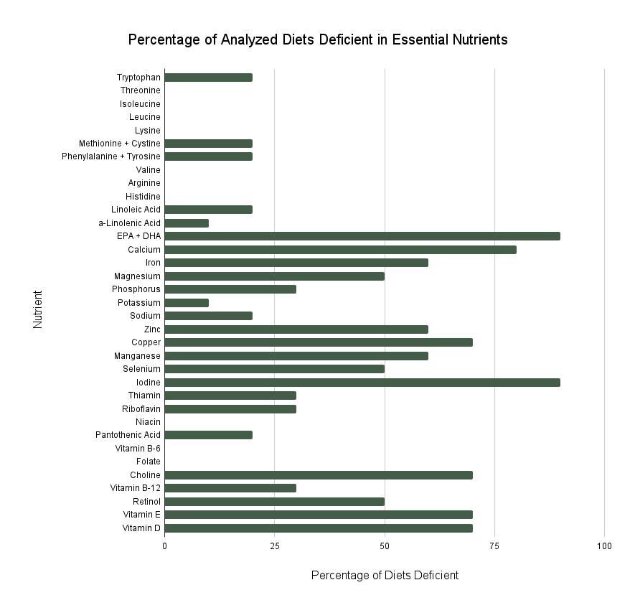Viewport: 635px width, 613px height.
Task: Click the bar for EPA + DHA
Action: pyautogui.click(x=362, y=236)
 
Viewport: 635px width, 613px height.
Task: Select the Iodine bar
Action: pyautogui.click(x=362, y=382)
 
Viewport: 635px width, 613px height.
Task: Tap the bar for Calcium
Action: pyautogui.click(x=340, y=250)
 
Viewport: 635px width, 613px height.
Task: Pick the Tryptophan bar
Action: pyautogui.click(x=208, y=78)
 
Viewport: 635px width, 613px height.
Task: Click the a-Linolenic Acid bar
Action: pyautogui.click(x=187, y=223)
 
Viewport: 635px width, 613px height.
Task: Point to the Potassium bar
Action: pyautogui.click(x=187, y=302)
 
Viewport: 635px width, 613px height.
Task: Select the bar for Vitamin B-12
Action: pyautogui.click(x=230, y=488)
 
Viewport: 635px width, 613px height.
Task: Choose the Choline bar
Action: pyautogui.click(x=319, y=474)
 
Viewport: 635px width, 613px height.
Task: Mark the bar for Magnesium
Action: pyautogui.click(x=274, y=276)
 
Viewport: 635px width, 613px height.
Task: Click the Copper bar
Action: pyautogui.click(x=319, y=342)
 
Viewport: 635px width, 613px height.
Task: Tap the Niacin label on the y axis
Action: pyautogui.click(x=148, y=422)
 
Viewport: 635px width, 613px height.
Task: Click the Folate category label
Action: pyautogui.click(x=149, y=462)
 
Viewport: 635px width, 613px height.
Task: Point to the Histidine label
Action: pyautogui.click(x=143, y=197)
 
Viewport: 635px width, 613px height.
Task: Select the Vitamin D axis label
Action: pyautogui.click(x=142, y=528)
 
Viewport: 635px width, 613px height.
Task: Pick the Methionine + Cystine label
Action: pyautogui.click(x=120, y=144)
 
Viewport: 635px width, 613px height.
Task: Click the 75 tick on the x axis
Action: pyautogui.click(x=494, y=546)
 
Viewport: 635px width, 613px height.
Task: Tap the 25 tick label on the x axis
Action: pyautogui.click(x=274, y=546)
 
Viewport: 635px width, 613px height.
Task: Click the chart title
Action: pyautogui.click(x=318, y=40)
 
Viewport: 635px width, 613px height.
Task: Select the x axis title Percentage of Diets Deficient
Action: pyautogui.click(x=385, y=576)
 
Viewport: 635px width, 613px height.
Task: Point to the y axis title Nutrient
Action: pyautogui.click(x=38, y=309)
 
